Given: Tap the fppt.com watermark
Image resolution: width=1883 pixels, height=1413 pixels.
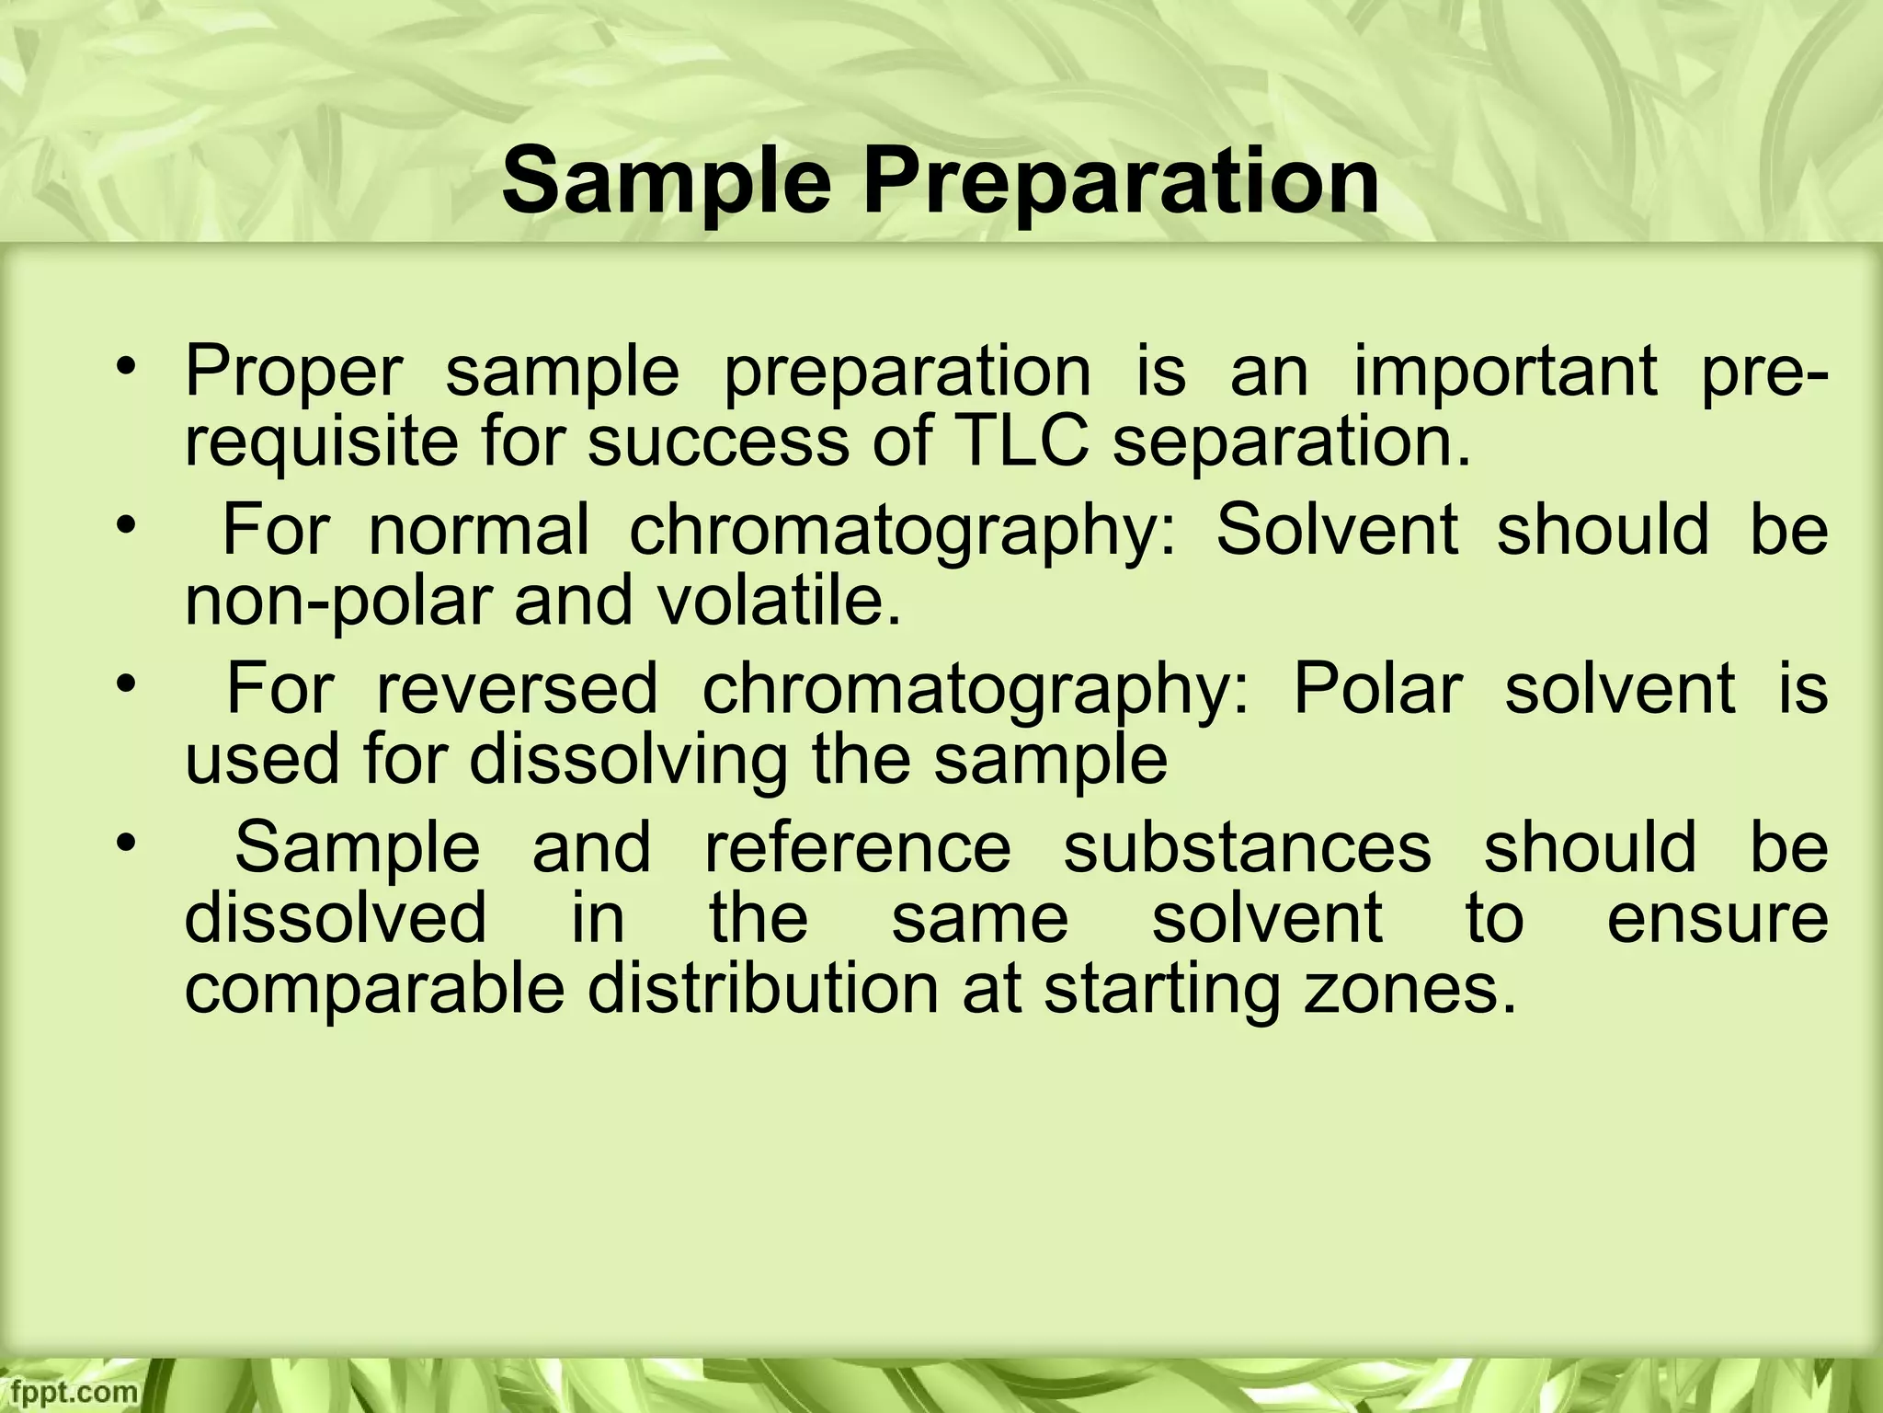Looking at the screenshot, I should point(69,1392).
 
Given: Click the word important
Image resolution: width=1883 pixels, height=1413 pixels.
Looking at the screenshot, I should point(1507,373).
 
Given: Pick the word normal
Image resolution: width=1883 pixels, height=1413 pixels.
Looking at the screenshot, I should point(478,531).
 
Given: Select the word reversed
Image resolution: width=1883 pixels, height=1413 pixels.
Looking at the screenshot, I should point(517,690).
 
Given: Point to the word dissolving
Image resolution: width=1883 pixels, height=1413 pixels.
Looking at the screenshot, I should point(629,760).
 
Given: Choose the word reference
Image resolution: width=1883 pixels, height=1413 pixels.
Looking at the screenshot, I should point(857,848).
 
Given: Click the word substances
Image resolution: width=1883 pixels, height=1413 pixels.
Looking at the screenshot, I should point(1248,848).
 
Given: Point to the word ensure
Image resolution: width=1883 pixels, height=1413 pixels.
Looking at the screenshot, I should point(1717,918).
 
